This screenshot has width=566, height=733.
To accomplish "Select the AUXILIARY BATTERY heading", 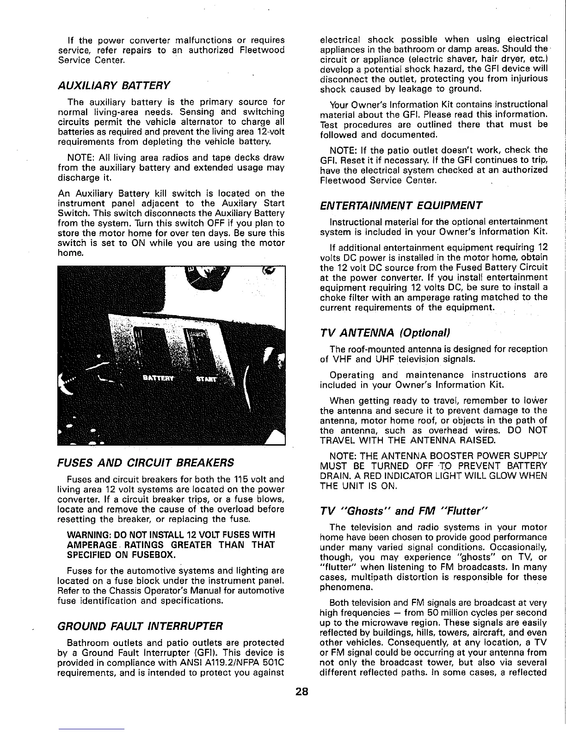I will coord(114,85).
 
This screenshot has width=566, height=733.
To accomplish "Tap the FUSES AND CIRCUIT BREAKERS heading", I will coord(145,462).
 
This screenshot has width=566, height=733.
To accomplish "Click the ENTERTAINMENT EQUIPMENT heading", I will coord(401,205).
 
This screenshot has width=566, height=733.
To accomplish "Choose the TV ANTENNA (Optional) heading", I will coord(385,333).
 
